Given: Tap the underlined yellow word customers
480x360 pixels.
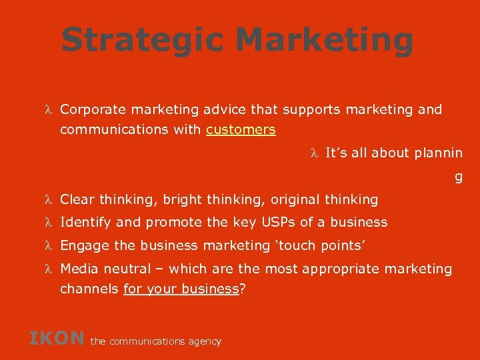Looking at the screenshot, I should [x=241, y=129].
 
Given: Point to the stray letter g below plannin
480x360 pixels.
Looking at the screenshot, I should [x=458, y=177].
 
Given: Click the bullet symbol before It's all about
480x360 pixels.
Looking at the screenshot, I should [x=315, y=153].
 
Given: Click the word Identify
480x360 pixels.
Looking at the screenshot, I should [x=85, y=222].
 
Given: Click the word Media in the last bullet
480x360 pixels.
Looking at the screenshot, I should [x=77, y=269].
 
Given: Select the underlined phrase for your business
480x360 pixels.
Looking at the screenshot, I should [x=181, y=289].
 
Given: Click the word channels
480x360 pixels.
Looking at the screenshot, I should [x=89, y=289].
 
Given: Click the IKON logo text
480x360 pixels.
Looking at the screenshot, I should [x=57, y=338].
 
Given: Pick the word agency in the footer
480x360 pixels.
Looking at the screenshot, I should [x=204, y=341].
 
